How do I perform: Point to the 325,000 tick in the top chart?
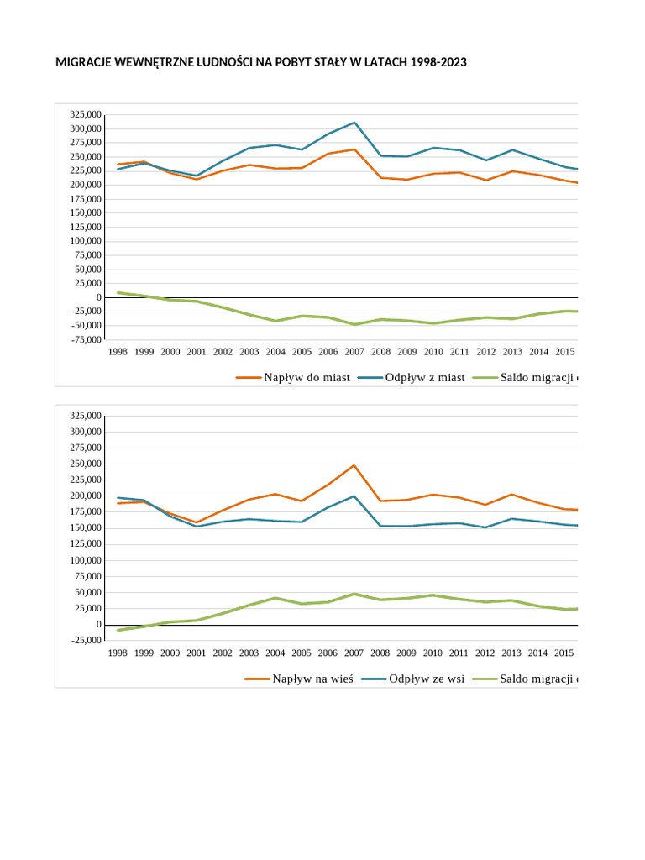pos(87,115)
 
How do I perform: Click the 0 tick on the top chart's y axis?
pos(99,297)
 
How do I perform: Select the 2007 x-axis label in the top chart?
pos(354,352)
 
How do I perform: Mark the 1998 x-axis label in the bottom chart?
pos(118,653)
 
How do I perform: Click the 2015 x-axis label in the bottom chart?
pos(564,653)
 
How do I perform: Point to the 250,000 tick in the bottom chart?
pos(87,464)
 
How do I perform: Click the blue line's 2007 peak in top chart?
pos(354,123)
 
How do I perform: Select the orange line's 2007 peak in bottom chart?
pos(354,465)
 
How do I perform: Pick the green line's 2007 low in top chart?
pos(354,324)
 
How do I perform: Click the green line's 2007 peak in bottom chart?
pos(354,594)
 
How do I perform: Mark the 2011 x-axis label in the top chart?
pos(459,352)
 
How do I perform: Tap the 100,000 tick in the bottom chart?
pos(87,560)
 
